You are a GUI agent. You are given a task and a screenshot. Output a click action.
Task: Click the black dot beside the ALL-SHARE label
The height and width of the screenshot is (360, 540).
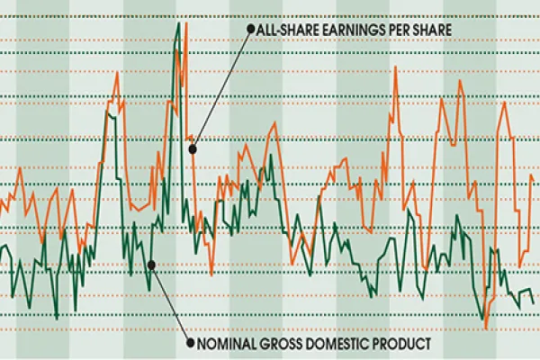(x=249, y=29)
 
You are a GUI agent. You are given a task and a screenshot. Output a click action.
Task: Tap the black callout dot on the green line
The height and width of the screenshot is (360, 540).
(x=151, y=265)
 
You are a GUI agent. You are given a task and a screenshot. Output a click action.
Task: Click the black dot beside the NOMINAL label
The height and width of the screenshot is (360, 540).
(x=188, y=343)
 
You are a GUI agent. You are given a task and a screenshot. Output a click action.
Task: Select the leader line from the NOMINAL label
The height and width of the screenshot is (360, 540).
(x=169, y=303)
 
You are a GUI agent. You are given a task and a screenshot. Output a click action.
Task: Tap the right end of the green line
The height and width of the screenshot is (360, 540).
(x=534, y=303)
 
